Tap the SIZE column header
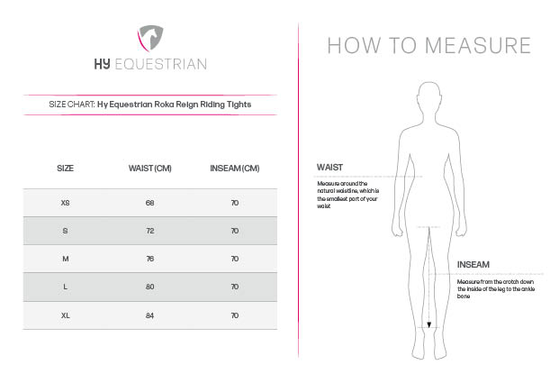click(65, 169)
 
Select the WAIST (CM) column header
click(150, 169)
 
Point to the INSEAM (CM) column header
click(234, 169)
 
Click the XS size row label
click(65, 203)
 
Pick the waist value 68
click(149, 203)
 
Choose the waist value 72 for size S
click(149, 231)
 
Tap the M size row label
click(65, 259)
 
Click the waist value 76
click(149, 259)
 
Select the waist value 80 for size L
click(149, 287)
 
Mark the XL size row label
click(65, 315)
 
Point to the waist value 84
click(149, 315)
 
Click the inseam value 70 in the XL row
click(234, 315)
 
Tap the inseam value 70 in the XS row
click(234, 203)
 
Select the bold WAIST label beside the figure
click(329, 168)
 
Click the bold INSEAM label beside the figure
click(473, 265)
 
